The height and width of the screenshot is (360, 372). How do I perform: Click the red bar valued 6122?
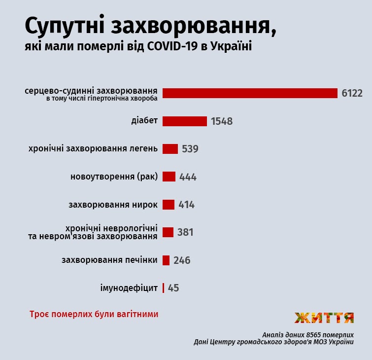tap(250, 93)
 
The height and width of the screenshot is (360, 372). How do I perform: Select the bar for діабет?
tap(184, 121)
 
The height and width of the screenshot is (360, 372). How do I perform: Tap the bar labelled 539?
tap(170, 149)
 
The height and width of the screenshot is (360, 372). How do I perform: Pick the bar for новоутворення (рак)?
tap(169, 177)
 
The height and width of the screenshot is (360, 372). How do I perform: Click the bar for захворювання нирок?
tap(168, 205)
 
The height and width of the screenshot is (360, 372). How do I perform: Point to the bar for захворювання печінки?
tap(166, 260)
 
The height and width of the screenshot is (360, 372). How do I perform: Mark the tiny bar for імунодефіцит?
tap(163, 288)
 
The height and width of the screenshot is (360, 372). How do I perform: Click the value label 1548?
tap(221, 121)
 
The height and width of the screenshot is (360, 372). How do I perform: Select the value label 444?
tap(188, 177)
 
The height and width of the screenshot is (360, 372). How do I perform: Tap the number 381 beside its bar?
tap(185, 232)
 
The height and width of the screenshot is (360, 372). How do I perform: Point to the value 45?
tap(173, 288)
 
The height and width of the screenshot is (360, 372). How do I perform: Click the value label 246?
tap(182, 260)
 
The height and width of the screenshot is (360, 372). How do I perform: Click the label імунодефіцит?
tap(129, 288)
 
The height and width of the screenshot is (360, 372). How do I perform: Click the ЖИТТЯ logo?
tap(324, 318)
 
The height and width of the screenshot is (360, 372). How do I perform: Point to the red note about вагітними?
tap(94, 314)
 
